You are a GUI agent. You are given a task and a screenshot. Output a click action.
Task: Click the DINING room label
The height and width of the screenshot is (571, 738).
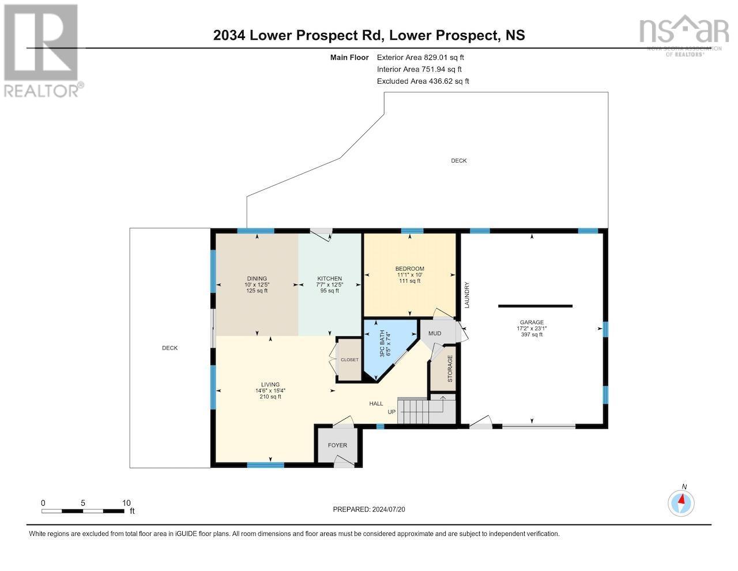pos(257,279)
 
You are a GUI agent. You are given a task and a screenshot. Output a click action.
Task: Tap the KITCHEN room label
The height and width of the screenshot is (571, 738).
pos(329,279)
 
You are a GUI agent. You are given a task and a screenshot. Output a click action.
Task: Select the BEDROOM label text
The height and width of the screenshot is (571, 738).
pos(409,269)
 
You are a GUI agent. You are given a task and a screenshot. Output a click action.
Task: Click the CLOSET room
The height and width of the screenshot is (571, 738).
pos(349,360)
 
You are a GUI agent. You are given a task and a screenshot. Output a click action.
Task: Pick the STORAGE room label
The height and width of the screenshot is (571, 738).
pos(450,369)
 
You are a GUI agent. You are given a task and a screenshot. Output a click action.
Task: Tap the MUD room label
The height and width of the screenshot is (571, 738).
pos(435,333)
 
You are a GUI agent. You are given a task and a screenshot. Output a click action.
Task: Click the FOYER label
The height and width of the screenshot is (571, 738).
pos(337,445)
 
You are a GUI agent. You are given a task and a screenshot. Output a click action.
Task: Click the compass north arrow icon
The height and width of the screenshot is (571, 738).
pos(681,503)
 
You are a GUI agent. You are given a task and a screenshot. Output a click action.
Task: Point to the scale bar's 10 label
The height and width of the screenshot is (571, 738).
pos(126,503)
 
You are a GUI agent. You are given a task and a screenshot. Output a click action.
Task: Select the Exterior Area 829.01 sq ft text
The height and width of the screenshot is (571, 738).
pos(420,57)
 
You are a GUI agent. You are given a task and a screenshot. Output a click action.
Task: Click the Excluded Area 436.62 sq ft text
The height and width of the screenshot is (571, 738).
pos(423,81)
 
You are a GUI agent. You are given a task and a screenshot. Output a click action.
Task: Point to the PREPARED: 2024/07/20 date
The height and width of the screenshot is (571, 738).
pos(373,509)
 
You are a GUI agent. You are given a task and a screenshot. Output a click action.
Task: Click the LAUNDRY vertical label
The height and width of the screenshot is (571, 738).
pos(467,294)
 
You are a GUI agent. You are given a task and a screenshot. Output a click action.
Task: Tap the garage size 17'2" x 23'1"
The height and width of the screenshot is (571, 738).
pos(532,328)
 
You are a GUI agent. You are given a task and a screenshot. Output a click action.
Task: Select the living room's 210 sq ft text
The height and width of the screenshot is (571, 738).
pos(270,396)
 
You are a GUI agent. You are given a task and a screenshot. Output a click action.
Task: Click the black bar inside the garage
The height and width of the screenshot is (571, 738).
pos(535,306)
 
